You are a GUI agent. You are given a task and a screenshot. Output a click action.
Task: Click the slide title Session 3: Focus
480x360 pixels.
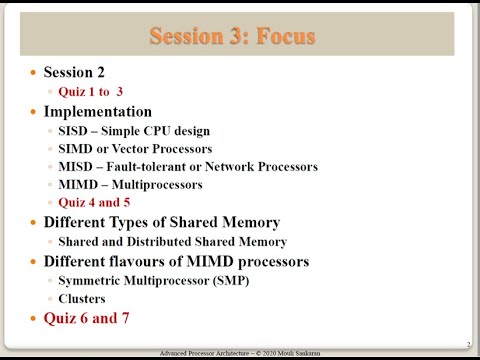(x=232, y=37)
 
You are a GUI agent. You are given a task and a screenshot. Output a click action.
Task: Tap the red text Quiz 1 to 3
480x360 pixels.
(x=90, y=92)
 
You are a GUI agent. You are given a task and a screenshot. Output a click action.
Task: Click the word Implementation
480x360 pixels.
(x=98, y=111)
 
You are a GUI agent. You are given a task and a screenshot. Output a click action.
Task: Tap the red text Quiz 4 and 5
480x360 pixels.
(x=94, y=203)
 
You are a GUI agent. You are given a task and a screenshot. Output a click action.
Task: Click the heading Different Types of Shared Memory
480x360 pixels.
(x=161, y=222)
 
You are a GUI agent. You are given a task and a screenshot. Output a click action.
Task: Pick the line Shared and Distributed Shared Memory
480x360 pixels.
(x=172, y=241)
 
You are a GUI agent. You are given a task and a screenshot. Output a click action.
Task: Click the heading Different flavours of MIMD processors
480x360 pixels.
(x=176, y=261)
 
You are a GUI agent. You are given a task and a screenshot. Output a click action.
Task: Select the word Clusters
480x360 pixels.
(x=82, y=298)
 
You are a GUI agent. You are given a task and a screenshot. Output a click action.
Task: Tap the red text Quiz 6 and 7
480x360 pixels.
(x=86, y=318)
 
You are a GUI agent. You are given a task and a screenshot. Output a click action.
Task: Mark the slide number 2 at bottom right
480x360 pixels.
(x=468, y=343)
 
